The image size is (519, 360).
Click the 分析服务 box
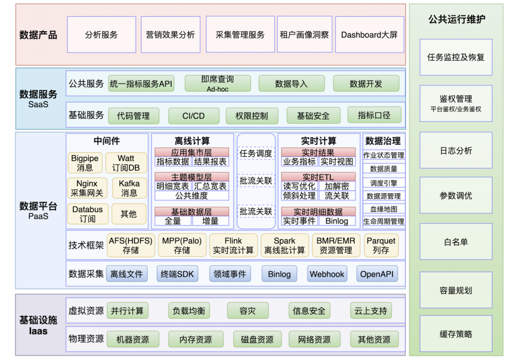(101, 35)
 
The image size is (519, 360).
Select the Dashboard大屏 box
(370, 35)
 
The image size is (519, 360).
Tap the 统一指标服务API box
(141, 84)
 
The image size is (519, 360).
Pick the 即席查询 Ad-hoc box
(218, 84)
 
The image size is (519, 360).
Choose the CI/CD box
(194, 116)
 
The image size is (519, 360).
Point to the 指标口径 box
(374, 115)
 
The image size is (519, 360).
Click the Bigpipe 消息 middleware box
(85, 163)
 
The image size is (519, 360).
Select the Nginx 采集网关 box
(86, 188)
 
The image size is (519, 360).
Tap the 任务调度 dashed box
(256, 154)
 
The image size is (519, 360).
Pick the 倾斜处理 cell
(299, 196)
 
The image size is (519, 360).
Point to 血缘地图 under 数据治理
(383, 209)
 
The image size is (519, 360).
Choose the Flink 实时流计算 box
(233, 245)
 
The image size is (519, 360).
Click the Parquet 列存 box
(381, 245)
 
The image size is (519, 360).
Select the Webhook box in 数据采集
(327, 274)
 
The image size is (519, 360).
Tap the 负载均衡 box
(189, 311)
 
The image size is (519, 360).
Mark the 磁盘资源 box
(257, 339)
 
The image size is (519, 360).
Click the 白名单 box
(456, 242)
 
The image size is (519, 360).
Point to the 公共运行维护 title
(456, 20)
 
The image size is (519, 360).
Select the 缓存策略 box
(456, 334)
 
